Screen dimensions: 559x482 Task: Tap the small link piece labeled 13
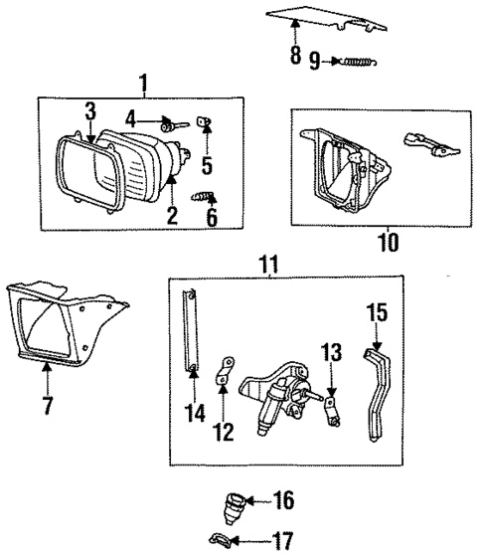point(333,405)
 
